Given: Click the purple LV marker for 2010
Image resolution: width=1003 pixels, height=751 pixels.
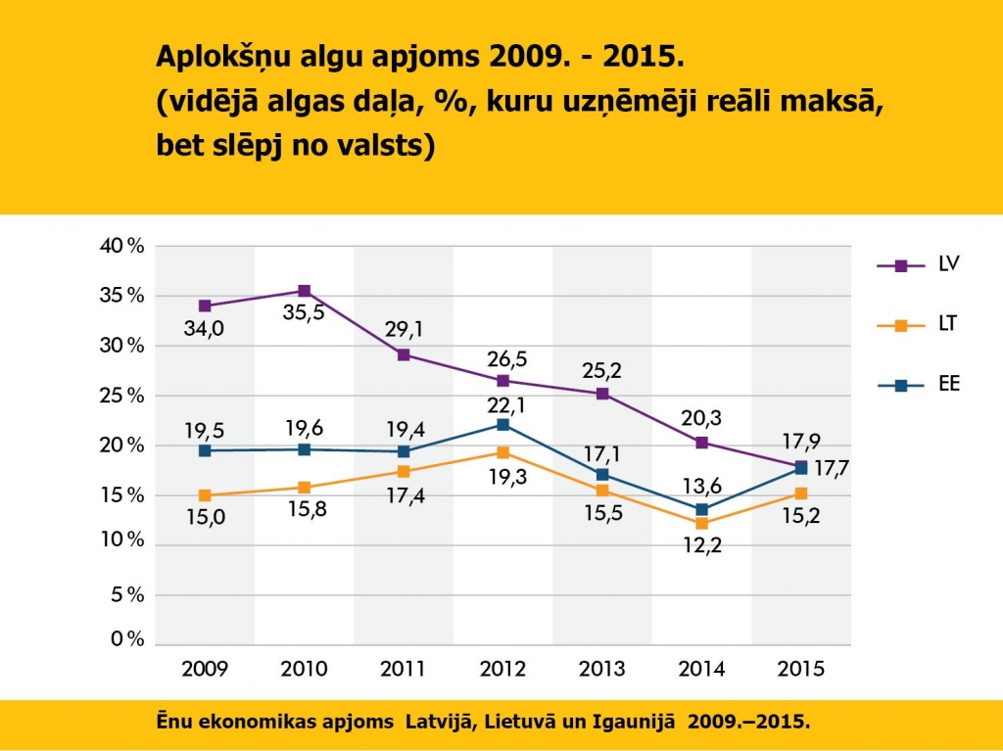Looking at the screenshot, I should click(305, 291).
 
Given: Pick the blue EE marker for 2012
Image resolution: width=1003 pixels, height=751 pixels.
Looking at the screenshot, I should click(503, 425).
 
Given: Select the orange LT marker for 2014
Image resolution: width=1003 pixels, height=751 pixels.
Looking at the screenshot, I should click(701, 524).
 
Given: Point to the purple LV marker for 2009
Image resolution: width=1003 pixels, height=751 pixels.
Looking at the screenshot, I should click(205, 305).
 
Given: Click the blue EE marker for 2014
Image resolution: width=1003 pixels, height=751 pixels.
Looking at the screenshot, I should click(701, 509).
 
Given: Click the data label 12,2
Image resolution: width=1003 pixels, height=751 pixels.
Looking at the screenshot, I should click(700, 547).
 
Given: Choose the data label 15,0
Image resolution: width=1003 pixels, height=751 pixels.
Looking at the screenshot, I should click(204, 518).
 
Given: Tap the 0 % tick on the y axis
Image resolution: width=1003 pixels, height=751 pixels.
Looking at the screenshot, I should click(126, 639).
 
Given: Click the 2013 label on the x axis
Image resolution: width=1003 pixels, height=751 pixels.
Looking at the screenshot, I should click(601, 670).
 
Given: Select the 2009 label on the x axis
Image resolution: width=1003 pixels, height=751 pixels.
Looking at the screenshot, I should click(205, 670).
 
